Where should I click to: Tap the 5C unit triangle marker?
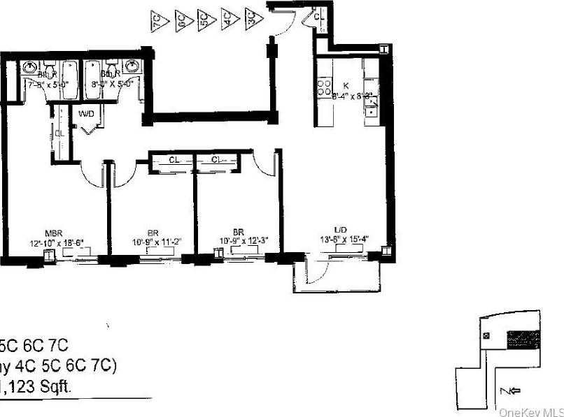tap(204, 17)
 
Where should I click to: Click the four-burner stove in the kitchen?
tap(325, 87)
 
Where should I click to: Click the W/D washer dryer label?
tap(87, 112)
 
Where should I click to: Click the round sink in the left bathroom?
tap(30, 68)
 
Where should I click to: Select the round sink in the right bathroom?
tap(136, 68)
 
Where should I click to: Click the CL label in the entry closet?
tap(319, 15)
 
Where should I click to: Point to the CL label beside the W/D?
tap(59, 133)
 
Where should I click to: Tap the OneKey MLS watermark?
tap(530, 412)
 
